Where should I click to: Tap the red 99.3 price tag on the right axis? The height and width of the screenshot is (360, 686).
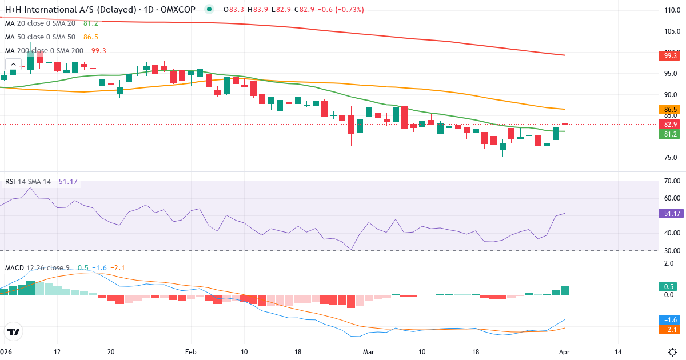pos(671,55)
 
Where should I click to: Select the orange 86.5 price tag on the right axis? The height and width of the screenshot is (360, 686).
pos(671,109)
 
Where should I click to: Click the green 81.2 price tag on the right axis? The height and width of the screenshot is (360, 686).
pos(671,134)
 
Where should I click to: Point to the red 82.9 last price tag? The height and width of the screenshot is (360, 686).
pos(671,124)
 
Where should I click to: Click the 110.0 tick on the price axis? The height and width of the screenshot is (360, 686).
pos(671,10)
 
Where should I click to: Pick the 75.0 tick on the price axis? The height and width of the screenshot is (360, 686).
pos(671,158)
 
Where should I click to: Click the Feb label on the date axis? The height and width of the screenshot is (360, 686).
pos(191,352)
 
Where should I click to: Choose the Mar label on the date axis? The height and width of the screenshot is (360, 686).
pos(368,352)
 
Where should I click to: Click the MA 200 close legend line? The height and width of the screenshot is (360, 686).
pos(44,51)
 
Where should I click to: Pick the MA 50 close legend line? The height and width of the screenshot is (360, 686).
pos(40,37)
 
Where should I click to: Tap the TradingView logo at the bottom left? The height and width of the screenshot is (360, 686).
pos(13,331)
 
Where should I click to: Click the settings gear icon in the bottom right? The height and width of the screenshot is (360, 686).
pos(672,352)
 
